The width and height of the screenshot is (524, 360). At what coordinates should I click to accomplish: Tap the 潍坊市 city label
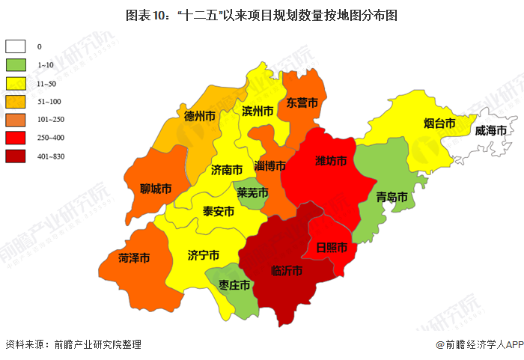pos(330,161)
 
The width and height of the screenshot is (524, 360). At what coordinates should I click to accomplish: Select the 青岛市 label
pos(392,198)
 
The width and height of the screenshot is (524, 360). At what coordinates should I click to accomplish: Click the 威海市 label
pos(490,130)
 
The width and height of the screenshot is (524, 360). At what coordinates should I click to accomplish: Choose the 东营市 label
pos(302,103)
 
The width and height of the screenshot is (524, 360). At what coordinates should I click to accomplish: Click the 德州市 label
pos(200,116)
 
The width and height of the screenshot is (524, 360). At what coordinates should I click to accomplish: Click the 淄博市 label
pos(269,165)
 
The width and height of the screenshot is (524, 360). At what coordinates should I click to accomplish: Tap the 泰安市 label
pos(219,212)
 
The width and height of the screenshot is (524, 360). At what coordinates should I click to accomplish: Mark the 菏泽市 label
pos(134,258)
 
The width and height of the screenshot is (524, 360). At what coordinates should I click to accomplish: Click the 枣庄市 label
pos(234,285)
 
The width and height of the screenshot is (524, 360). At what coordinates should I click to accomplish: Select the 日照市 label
pos(331,246)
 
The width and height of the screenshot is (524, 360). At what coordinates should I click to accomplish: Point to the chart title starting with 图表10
pos(261,14)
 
